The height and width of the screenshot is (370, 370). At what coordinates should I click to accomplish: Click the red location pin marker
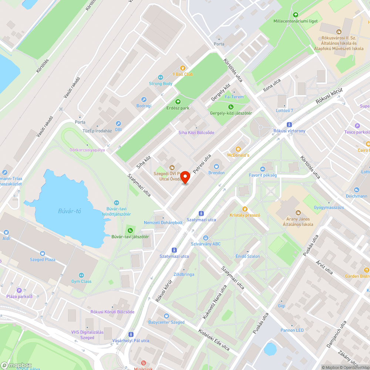[x=185, y=177]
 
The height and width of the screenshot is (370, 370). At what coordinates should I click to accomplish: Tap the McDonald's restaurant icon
[x=238, y=149]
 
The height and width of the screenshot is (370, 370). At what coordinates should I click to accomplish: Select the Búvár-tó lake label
[x=70, y=211]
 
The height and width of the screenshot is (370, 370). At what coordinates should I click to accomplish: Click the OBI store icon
[x=118, y=124]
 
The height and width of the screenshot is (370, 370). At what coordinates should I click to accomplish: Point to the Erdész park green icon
[x=178, y=102]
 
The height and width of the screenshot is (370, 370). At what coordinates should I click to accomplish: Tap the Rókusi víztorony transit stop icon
[x=289, y=125]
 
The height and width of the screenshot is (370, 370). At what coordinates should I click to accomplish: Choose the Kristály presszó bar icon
[x=245, y=209]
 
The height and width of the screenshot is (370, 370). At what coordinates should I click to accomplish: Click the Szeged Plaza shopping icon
[x=43, y=253]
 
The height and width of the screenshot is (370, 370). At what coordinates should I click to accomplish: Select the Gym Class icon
[x=81, y=275]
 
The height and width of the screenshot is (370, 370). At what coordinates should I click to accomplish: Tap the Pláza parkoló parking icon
[x=19, y=290]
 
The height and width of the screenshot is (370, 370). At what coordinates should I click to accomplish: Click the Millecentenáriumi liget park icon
[x=295, y=15]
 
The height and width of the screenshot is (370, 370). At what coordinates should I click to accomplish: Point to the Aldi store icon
[x=6, y=232]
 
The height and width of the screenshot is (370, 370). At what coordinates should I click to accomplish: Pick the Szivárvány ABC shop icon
[x=206, y=238]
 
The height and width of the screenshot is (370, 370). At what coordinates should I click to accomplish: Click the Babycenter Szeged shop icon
[x=166, y=316]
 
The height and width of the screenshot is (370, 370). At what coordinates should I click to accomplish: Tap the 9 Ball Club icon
[x=182, y=68]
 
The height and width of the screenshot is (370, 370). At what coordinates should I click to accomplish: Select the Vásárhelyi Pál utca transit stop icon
[x=131, y=334]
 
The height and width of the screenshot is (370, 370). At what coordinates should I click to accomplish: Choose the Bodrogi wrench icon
[x=144, y=100]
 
